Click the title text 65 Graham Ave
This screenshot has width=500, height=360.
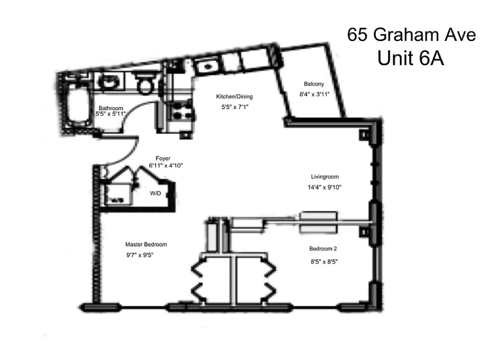pos(411,35)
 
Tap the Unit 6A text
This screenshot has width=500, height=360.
pos(410,59)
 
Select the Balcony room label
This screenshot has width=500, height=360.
pos(314,84)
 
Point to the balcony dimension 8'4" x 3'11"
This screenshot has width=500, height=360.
pos(314,94)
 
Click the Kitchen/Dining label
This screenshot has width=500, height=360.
pos(234,97)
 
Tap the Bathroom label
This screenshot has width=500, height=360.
pos(111,108)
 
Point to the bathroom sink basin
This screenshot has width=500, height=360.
pos(109,82)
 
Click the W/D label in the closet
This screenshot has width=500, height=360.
pos(155,194)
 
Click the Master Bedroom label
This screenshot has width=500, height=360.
pos(146,244)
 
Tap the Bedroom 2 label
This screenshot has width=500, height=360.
pos(323,249)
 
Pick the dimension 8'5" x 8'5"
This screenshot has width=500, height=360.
pos(323,261)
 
